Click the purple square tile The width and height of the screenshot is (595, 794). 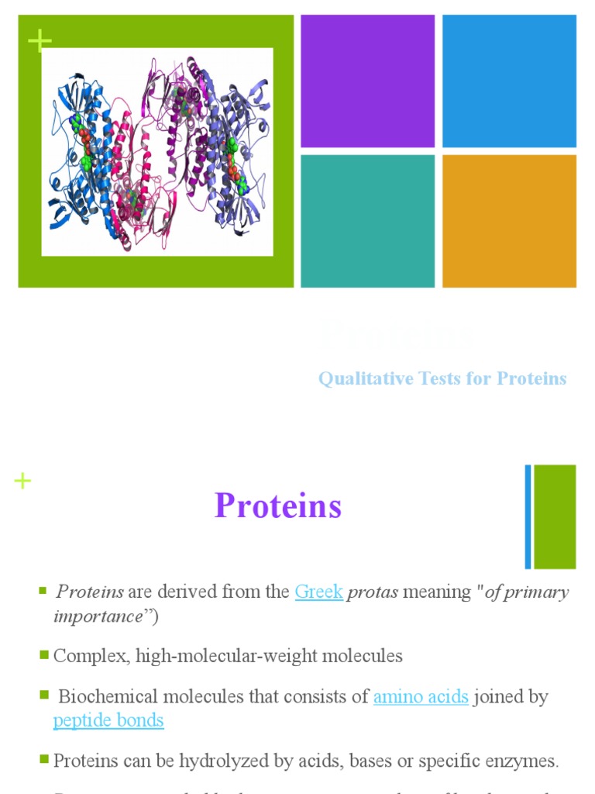tap(367, 81)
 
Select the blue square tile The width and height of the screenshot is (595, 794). tap(509, 81)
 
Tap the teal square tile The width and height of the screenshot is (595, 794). tap(367, 221)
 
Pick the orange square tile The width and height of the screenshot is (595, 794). tap(509, 221)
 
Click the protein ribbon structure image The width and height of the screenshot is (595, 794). tap(157, 152)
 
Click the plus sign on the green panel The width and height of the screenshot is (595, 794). tap(39, 41)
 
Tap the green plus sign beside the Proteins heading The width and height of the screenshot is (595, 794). tap(22, 482)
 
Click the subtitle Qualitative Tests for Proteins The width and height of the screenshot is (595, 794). tap(442, 378)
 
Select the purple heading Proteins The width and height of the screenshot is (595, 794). tap(278, 506)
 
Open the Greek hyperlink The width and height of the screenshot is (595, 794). tap(318, 592)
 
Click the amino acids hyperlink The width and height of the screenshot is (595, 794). tap(421, 696)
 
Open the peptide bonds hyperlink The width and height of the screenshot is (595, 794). tap(108, 720)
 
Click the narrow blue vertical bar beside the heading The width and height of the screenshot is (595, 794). tap(528, 516)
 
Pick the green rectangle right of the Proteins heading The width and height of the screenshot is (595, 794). tap(555, 516)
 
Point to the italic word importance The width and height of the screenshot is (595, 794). tap(98, 616)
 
